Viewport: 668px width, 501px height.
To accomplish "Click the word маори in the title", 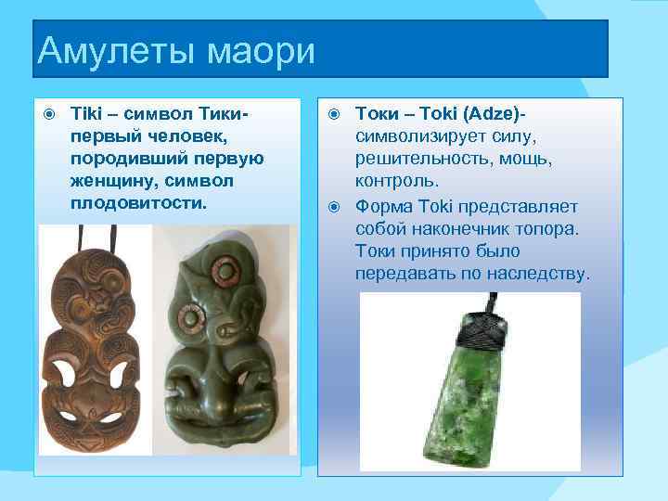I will point(260,50).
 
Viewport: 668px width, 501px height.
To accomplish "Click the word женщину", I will point(113,180).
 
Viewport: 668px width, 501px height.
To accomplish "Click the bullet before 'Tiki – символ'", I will point(50,114).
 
